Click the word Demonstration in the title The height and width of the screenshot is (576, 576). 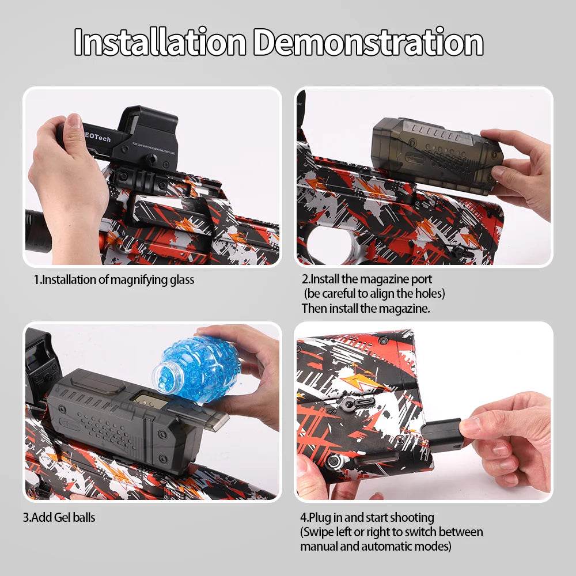point(369,42)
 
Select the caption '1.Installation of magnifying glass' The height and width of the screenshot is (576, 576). point(114,281)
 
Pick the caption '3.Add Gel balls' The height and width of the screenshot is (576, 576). point(59,517)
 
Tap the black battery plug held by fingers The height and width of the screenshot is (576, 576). point(442,432)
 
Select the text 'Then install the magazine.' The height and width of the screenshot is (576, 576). point(366,308)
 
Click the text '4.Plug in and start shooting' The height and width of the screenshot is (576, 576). point(367,517)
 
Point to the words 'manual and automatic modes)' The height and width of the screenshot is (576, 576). point(376,546)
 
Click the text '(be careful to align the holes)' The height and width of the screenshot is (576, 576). point(374,294)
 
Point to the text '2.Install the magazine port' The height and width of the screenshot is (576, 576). point(367,280)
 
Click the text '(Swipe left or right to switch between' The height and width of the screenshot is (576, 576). point(391,532)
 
